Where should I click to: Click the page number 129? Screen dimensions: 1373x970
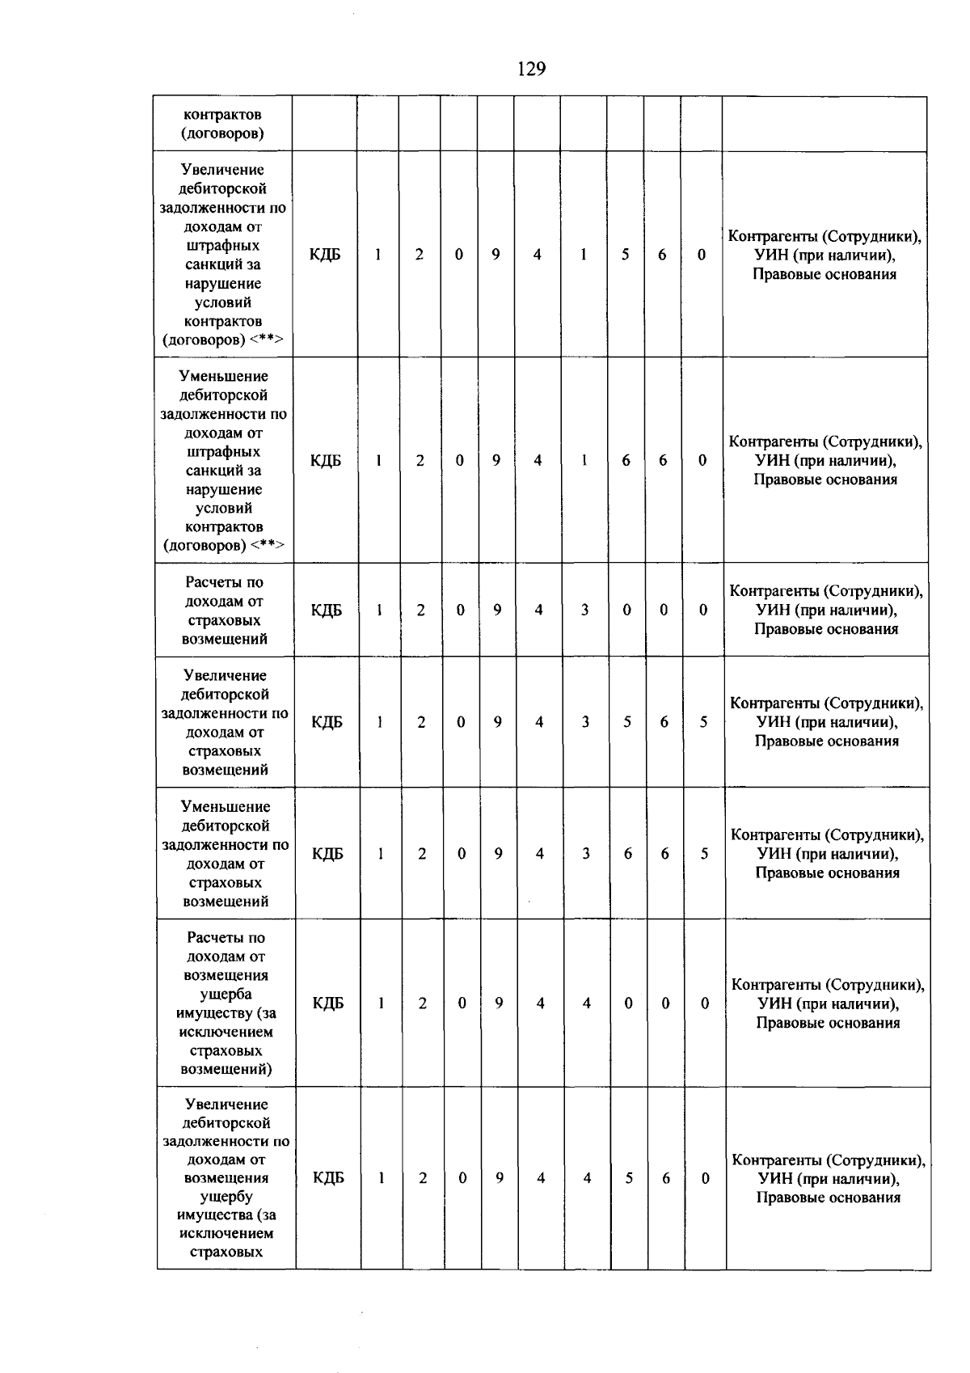pos(531,69)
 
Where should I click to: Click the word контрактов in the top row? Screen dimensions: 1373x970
pos(222,115)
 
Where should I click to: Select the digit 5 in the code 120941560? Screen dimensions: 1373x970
pos(625,255)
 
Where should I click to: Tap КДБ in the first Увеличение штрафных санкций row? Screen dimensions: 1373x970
pos(325,255)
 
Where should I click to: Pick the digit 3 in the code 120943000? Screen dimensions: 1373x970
pos(584,610)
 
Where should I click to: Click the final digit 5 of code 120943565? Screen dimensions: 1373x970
pos(703,722)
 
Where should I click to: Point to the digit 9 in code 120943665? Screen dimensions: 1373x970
pos(499,854)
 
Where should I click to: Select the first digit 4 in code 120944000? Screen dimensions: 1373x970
pos(540,1003)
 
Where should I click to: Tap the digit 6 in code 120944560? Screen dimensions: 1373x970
pos(666,1179)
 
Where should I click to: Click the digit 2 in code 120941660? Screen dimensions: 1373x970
pos(420,461)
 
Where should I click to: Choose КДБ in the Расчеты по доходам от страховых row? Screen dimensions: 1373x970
pos(327,610)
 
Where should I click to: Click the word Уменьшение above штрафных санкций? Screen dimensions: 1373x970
pos(223,377)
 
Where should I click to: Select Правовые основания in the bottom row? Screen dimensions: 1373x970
pos(828,1198)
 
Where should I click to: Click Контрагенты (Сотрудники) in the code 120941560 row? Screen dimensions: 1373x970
pos(824,236)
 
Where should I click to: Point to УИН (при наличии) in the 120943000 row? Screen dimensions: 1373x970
pos(826,610)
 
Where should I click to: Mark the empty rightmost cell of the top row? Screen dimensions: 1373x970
pos(824,124)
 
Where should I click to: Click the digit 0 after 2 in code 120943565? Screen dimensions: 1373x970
pos(461,722)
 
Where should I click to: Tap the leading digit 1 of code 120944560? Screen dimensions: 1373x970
pos(381,1179)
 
